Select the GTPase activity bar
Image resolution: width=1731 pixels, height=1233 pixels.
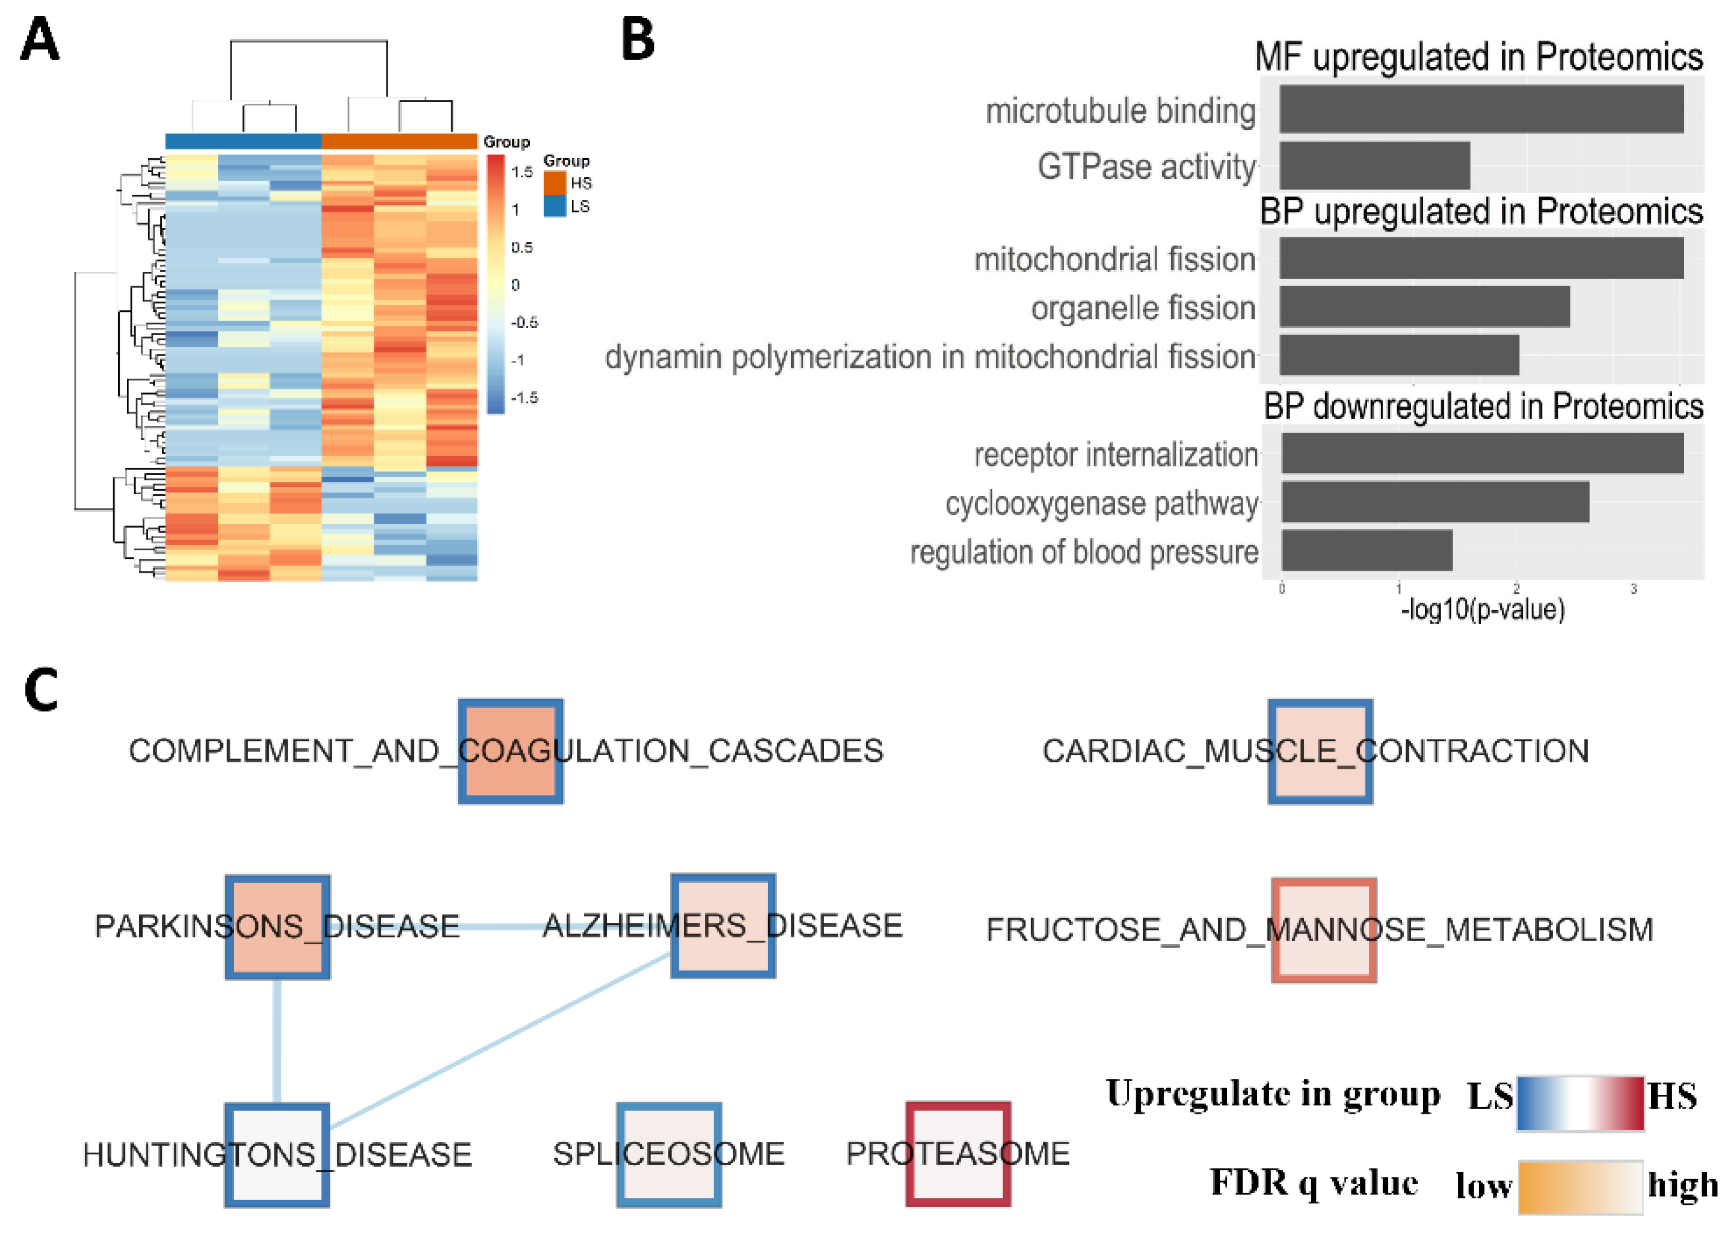(1374, 165)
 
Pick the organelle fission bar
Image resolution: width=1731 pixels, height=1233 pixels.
(1424, 307)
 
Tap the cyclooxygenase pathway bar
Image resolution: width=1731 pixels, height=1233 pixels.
(1435, 502)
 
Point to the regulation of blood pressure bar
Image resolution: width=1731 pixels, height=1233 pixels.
(1367, 550)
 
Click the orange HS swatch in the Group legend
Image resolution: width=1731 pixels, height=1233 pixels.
(554, 183)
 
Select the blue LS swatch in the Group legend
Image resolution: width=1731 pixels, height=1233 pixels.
(554, 206)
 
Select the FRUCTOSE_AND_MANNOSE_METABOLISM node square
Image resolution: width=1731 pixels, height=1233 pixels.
(1324, 930)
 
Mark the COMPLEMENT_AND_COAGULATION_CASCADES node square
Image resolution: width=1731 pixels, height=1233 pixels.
(510, 752)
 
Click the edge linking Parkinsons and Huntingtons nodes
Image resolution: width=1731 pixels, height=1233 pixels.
(277, 1040)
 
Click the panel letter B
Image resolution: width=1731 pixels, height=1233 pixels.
(638, 40)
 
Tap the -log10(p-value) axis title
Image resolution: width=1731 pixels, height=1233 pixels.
(1482, 610)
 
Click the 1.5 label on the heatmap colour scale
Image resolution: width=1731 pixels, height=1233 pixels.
(522, 172)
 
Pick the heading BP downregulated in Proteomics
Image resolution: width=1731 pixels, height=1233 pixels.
(1483, 407)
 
